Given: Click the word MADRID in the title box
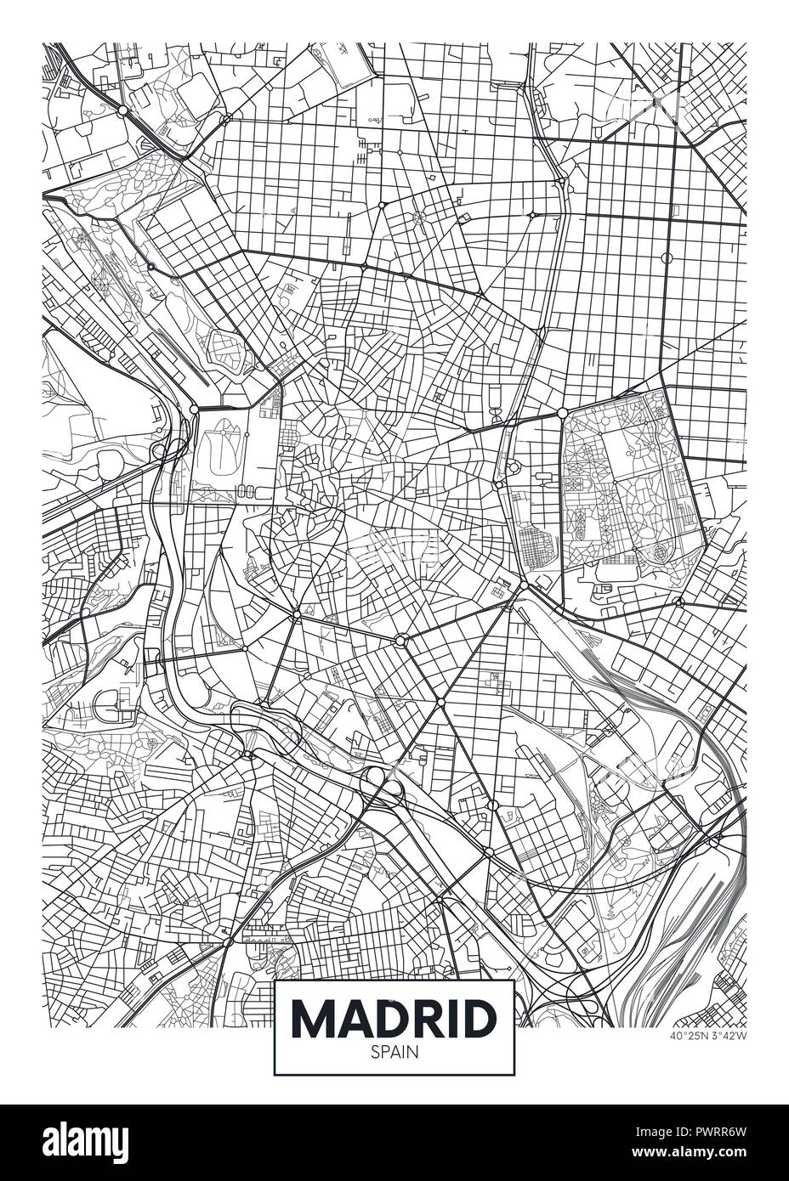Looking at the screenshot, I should tap(394, 1017).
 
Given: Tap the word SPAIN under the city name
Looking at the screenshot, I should tap(394, 1051).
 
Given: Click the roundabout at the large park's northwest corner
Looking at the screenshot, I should tap(562, 413).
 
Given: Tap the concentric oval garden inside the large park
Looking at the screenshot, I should tap(661, 552).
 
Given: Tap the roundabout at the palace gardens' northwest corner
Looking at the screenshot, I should tap(194, 410).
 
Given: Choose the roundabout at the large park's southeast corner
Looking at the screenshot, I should tap(678, 602).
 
